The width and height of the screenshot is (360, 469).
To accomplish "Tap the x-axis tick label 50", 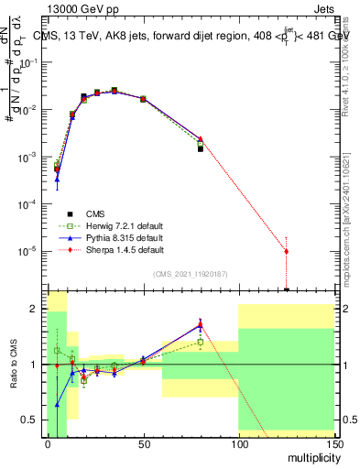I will click(143, 444).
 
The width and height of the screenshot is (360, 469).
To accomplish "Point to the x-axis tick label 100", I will click(238, 444).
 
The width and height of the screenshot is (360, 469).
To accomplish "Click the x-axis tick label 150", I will click(333, 444).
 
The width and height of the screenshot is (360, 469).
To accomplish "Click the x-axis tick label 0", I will click(48, 444).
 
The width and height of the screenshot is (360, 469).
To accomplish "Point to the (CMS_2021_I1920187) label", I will click(191, 273).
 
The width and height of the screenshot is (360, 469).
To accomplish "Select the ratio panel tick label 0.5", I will click(31, 420).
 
